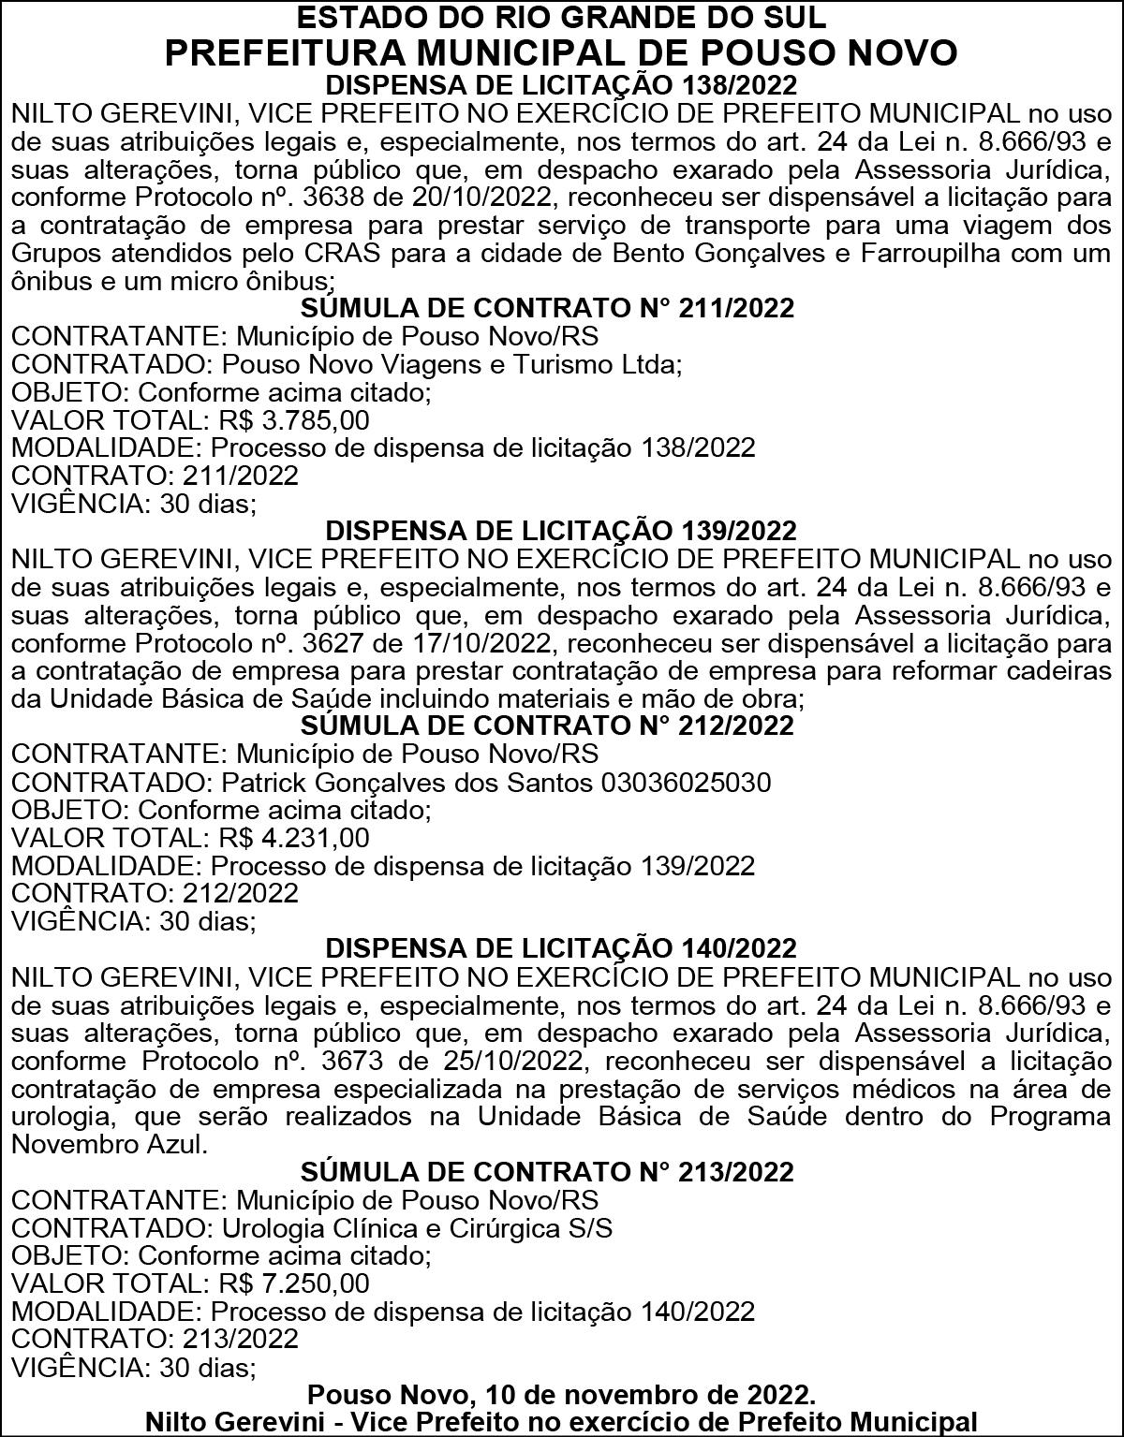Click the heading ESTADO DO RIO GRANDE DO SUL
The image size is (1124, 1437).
(561, 17)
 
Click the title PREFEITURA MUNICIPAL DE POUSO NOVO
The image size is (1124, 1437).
(561, 52)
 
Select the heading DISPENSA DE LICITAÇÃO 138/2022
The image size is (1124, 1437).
(561, 85)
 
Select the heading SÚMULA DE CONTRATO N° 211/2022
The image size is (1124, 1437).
(548, 308)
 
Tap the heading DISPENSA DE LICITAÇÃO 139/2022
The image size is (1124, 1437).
(561, 531)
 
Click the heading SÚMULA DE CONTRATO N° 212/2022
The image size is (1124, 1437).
(548, 726)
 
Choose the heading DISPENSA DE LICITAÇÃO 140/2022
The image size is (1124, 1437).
(561, 948)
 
